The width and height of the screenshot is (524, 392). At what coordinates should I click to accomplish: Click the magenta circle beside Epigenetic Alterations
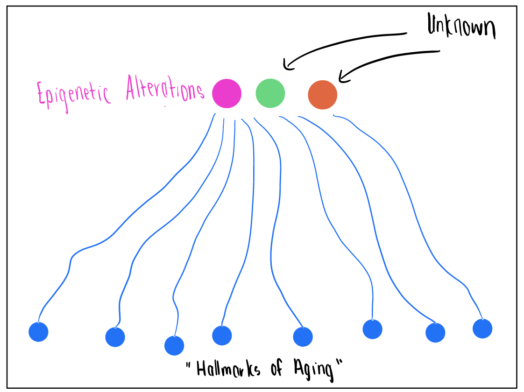(227, 93)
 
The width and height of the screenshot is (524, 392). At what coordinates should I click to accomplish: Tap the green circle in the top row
(270, 93)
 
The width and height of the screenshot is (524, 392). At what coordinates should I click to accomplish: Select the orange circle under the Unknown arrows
(322, 95)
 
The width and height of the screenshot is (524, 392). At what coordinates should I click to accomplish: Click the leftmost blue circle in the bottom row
(38, 332)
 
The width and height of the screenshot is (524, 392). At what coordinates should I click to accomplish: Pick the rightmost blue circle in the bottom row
(482, 329)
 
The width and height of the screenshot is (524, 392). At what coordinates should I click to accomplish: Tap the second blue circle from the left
(115, 337)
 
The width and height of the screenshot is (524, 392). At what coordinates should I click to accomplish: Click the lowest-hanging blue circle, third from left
(174, 346)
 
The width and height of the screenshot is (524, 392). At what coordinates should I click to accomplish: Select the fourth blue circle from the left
(222, 335)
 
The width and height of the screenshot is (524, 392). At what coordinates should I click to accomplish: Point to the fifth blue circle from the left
(303, 337)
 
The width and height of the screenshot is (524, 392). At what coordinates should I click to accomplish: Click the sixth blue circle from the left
(372, 329)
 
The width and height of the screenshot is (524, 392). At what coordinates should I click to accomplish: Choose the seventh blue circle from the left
(435, 333)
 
